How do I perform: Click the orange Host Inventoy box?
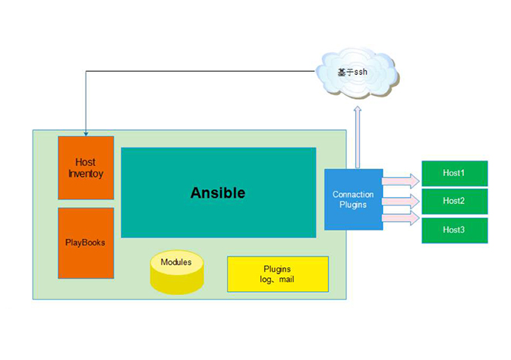tap(86, 168)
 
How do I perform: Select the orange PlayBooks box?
tap(85, 242)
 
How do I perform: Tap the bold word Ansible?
tap(218, 193)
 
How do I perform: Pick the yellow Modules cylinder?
tap(176, 272)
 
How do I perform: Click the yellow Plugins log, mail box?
tap(277, 274)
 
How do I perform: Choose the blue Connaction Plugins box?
tap(353, 199)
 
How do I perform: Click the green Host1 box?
tap(454, 174)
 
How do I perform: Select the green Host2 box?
tap(454, 201)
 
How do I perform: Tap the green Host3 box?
tap(454, 230)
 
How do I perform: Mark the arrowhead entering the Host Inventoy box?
tap(85, 133)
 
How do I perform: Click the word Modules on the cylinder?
tap(176, 262)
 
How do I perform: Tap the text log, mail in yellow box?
tap(277, 280)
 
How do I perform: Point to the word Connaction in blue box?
tap(353, 195)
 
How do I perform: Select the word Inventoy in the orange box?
tap(86, 174)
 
